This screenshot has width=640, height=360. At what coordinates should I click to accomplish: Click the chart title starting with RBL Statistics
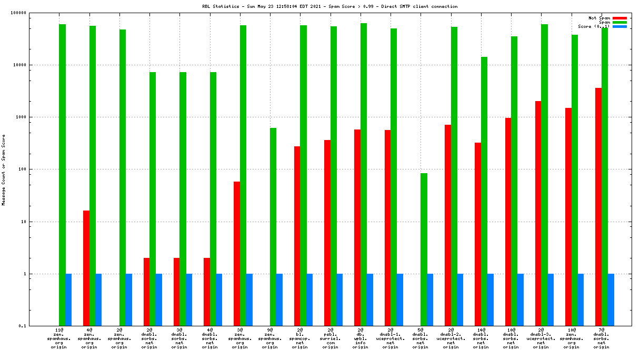click(x=330, y=7)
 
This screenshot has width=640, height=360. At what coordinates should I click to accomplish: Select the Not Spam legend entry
click(x=599, y=18)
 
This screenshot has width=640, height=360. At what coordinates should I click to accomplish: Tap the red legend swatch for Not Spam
click(x=619, y=18)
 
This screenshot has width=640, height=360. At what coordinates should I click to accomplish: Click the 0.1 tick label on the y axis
click(x=37, y=326)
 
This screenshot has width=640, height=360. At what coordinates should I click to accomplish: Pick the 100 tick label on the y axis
click(x=35, y=169)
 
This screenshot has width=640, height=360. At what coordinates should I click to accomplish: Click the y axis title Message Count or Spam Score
click(x=4, y=169)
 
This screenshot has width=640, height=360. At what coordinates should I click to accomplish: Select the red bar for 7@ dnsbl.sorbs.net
click(x=598, y=207)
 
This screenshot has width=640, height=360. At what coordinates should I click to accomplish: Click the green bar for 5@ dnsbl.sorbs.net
click(x=424, y=249)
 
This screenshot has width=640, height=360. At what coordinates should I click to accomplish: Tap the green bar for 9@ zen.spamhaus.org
click(x=273, y=227)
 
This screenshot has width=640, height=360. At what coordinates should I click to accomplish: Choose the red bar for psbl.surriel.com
click(x=327, y=233)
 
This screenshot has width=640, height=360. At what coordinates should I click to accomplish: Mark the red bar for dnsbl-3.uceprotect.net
click(x=538, y=213)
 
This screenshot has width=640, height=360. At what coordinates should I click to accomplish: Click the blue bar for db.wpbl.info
click(x=369, y=299)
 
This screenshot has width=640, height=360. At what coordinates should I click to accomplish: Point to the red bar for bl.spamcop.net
click(x=297, y=236)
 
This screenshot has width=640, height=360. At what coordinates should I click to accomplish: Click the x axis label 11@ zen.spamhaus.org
click(x=62, y=338)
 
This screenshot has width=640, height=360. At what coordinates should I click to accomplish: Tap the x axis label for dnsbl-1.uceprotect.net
click(x=391, y=338)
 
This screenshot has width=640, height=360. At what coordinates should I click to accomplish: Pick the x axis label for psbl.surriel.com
click(x=330, y=338)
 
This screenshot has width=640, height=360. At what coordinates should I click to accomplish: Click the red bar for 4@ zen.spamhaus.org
click(x=86, y=268)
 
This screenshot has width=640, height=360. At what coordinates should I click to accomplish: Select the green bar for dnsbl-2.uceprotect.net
click(x=454, y=176)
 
